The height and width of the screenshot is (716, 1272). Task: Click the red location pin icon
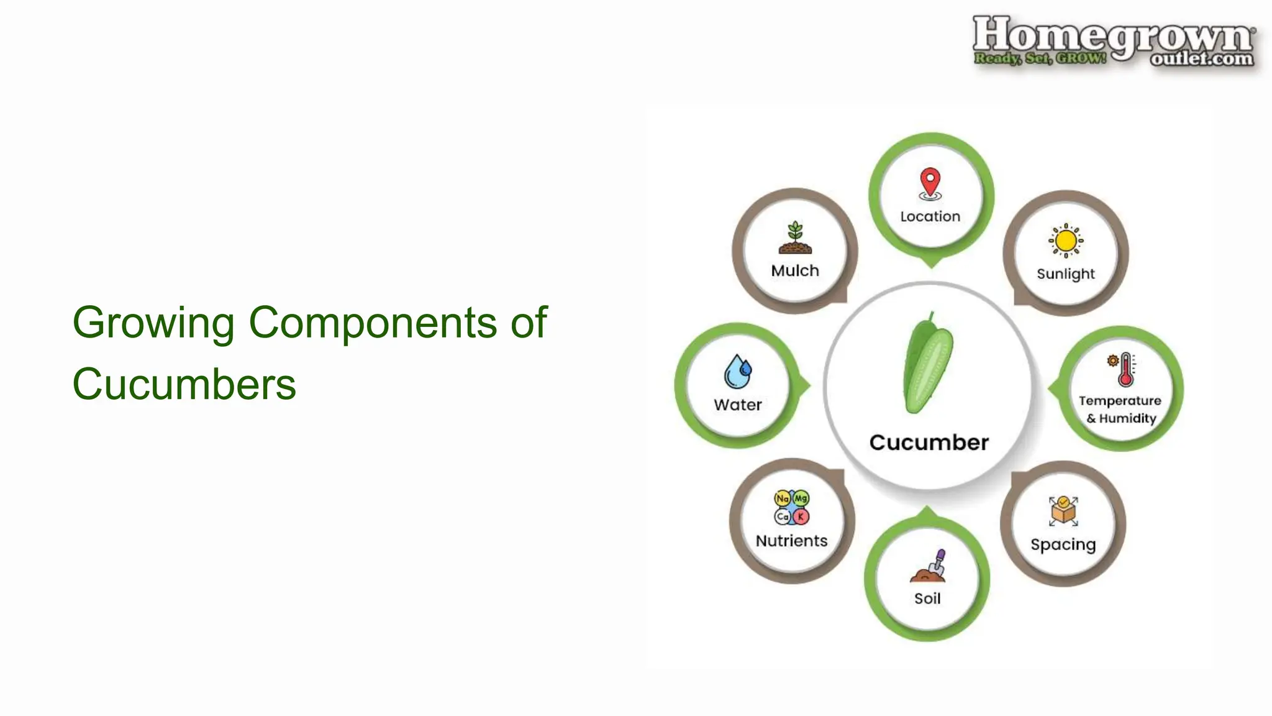click(930, 184)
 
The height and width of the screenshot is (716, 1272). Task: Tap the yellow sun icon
click(1066, 241)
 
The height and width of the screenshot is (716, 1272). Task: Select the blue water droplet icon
click(738, 372)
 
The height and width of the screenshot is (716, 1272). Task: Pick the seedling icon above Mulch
click(795, 237)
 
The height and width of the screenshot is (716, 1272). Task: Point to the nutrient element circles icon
click(792, 507)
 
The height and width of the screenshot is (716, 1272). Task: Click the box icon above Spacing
click(1063, 511)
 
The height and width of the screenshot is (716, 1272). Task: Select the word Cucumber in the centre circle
click(929, 443)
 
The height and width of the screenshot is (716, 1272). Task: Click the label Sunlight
click(1066, 274)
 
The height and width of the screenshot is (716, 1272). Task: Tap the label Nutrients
click(791, 541)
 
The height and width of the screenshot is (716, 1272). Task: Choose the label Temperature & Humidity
click(1120, 410)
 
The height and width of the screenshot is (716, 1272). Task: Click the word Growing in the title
click(153, 323)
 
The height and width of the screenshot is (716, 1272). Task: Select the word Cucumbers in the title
click(184, 384)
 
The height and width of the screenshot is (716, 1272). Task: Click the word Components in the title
click(373, 323)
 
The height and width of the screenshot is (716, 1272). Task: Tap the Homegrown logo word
click(1112, 36)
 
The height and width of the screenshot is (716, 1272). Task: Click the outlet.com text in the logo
click(1201, 58)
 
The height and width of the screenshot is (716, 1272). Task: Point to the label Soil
click(927, 599)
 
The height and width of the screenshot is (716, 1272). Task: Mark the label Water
click(738, 405)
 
